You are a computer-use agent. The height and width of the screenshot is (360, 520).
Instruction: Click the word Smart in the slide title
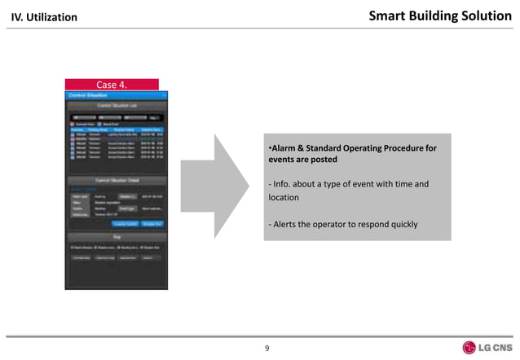pyautogui.click(x=390, y=15)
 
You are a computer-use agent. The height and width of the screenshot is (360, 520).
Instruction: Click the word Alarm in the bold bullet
pyautogui.click(x=284, y=148)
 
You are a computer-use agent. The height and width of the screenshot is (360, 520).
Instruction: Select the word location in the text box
pyautogui.click(x=284, y=197)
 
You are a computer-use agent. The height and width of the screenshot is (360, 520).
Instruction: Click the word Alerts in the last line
pyautogui.click(x=285, y=224)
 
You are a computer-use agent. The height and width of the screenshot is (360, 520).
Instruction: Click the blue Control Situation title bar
pyautogui.click(x=114, y=94)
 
